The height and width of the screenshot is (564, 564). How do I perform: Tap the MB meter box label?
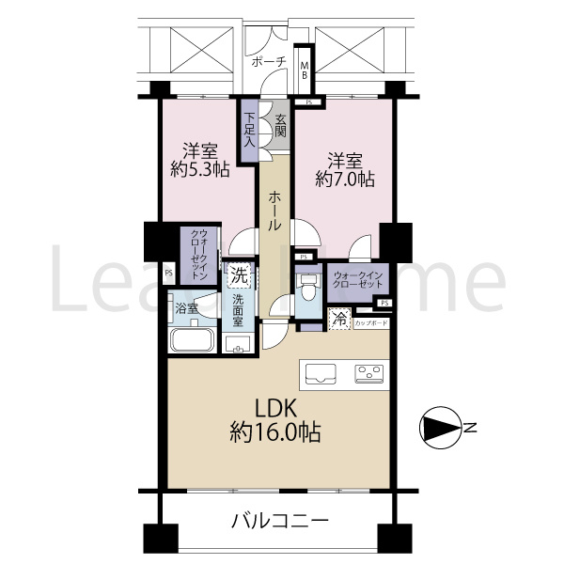(304, 70)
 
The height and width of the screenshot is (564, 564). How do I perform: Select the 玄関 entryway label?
(280, 125)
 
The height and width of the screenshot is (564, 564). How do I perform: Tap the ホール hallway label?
(273, 211)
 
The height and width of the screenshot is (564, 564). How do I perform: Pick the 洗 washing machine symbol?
(239, 276)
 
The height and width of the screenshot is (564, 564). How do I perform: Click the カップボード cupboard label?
(371, 323)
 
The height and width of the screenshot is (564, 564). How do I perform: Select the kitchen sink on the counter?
(321, 373)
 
